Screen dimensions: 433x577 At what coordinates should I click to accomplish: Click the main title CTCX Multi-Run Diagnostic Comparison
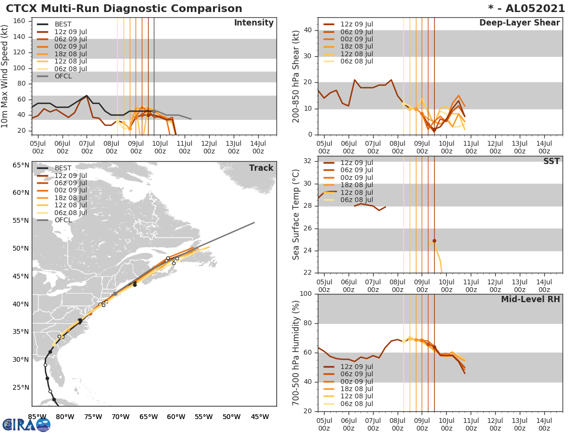124,9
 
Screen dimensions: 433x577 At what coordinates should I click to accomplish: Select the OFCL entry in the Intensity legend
63,76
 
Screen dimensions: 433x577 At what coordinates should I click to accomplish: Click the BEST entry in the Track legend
63,168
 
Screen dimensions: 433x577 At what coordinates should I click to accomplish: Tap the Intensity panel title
254,23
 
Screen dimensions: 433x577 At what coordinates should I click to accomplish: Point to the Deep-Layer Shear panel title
519,23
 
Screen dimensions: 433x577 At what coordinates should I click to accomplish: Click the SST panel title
551,162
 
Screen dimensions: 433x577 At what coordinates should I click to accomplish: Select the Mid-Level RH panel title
530,299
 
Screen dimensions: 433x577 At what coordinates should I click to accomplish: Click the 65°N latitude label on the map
21,166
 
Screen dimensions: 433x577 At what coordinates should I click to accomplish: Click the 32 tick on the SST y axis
307,161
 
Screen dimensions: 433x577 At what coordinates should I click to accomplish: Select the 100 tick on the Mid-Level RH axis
305,294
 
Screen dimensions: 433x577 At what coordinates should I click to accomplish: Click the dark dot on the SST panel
434,241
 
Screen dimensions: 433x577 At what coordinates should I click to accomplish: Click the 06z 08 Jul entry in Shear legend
356,61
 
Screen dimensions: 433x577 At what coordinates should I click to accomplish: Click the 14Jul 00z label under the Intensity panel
258,147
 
